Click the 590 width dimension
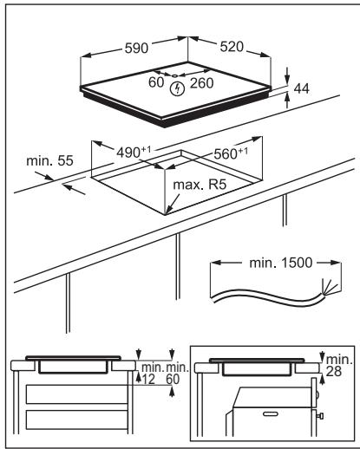[136, 48]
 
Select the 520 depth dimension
[232, 47]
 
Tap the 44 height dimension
[301, 88]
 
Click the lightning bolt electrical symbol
[177, 88]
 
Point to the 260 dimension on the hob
[201, 83]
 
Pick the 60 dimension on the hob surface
[156, 82]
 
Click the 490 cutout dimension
[134, 152]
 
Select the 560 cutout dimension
[231, 153]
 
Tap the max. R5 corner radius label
[200, 185]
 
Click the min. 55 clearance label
[49, 160]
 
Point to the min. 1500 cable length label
[281, 263]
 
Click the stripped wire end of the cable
[330, 288]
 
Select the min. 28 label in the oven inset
[339, 366]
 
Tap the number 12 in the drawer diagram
[148, 380]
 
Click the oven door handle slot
[271, 413]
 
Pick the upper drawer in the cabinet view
[77, 394]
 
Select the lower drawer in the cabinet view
[77, 420]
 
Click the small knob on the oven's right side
[319, 416]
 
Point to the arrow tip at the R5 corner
[166, 214]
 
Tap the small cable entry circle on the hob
[175, 76]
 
